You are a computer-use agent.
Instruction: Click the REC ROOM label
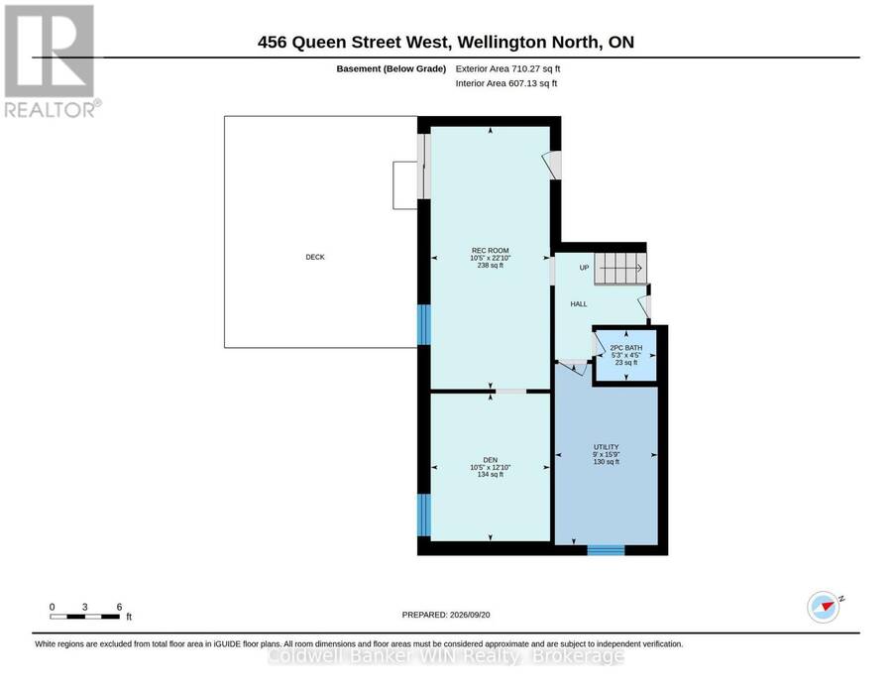490,251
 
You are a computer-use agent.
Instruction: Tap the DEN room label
490,460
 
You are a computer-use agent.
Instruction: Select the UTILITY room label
606,447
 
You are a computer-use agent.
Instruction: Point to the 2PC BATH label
625,348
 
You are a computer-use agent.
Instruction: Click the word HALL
579,304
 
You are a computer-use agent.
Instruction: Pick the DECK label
315,257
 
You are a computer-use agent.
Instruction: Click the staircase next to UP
620,268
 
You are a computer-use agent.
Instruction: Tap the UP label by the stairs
584,268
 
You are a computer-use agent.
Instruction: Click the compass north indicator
825,607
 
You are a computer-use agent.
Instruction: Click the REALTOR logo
52,60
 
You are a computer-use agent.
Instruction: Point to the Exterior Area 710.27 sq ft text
508,68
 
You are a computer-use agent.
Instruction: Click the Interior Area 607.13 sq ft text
506,83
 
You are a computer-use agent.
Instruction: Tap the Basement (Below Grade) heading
390,68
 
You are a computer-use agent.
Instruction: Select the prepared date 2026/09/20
446,615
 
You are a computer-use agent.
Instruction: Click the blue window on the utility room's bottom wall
606,550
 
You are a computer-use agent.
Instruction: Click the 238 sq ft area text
490,265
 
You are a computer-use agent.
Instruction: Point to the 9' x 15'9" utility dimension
606,455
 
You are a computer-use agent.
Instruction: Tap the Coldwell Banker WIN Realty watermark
445,656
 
